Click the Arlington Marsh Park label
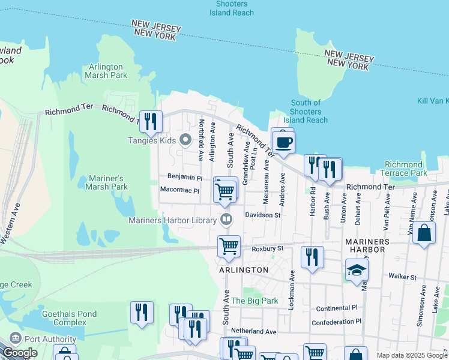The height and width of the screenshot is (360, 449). [x=106, y=71]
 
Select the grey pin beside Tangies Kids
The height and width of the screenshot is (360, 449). [x=185, y=140]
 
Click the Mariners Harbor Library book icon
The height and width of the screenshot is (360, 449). [x=226, y=220]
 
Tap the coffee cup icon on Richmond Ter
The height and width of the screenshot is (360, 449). [x=282, y=143]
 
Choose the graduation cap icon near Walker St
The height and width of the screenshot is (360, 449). [x=357, y=271]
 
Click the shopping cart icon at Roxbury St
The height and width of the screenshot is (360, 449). [x=229, y=246]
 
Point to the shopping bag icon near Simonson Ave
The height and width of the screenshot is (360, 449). [x=424, y=233]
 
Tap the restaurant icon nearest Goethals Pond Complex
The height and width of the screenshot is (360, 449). [x=142, y=313]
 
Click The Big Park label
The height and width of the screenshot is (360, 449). [x=255, y=301]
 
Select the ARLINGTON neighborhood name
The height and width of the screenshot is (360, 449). [x=244, y=270]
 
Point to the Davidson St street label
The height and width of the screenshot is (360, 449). [x=262, y=215]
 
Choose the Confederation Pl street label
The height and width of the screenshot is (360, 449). [x=336, y=322]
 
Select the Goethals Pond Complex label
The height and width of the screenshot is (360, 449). [x=64, y=318]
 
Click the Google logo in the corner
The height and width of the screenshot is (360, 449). [x=20, y=353]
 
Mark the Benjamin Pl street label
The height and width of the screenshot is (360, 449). [x=184, y=178]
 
